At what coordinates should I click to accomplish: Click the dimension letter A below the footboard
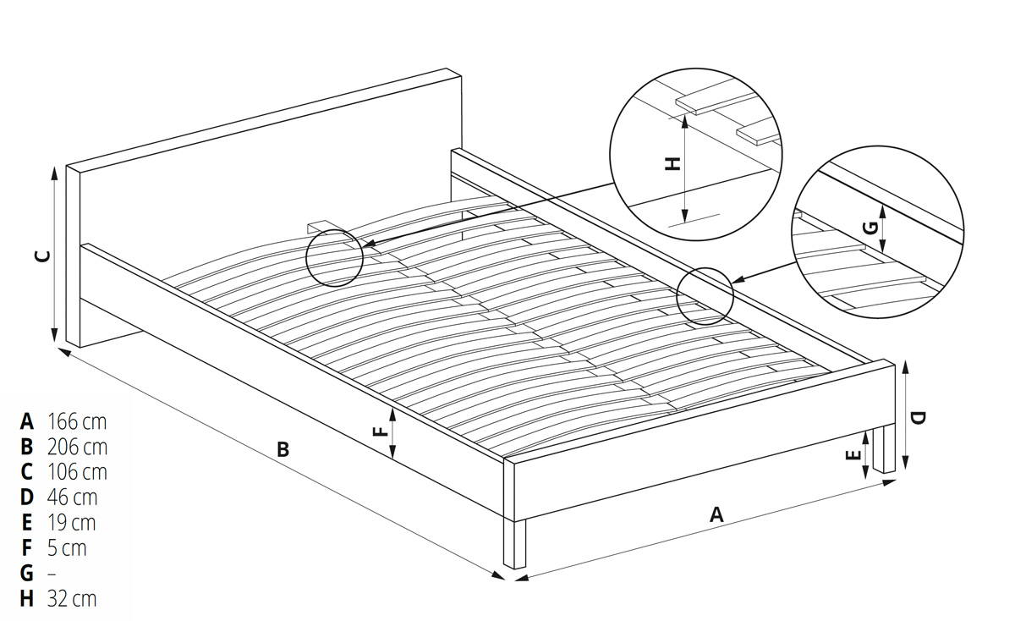point(716,515)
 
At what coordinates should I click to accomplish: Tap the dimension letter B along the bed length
point(283,449)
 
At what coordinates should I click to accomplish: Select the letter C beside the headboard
point(43,256)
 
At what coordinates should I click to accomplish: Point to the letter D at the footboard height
point(918,418)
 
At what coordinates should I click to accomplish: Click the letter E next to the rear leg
point(853,454)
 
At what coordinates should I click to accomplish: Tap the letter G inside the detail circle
point(871,228)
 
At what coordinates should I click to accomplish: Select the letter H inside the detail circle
point(672,163)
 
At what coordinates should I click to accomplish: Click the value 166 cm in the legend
point(77,421)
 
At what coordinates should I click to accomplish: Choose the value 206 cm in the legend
point(77,447)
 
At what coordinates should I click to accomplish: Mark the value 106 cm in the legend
point(77,472)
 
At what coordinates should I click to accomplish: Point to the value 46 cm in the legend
point(72,497)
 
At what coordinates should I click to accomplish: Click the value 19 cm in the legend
point(72,523)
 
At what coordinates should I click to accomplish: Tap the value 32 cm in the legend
point(72,599)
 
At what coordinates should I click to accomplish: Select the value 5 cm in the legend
point(67,548)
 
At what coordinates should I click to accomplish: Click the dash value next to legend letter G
point(52,574)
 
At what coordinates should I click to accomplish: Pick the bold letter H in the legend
point(27,599)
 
